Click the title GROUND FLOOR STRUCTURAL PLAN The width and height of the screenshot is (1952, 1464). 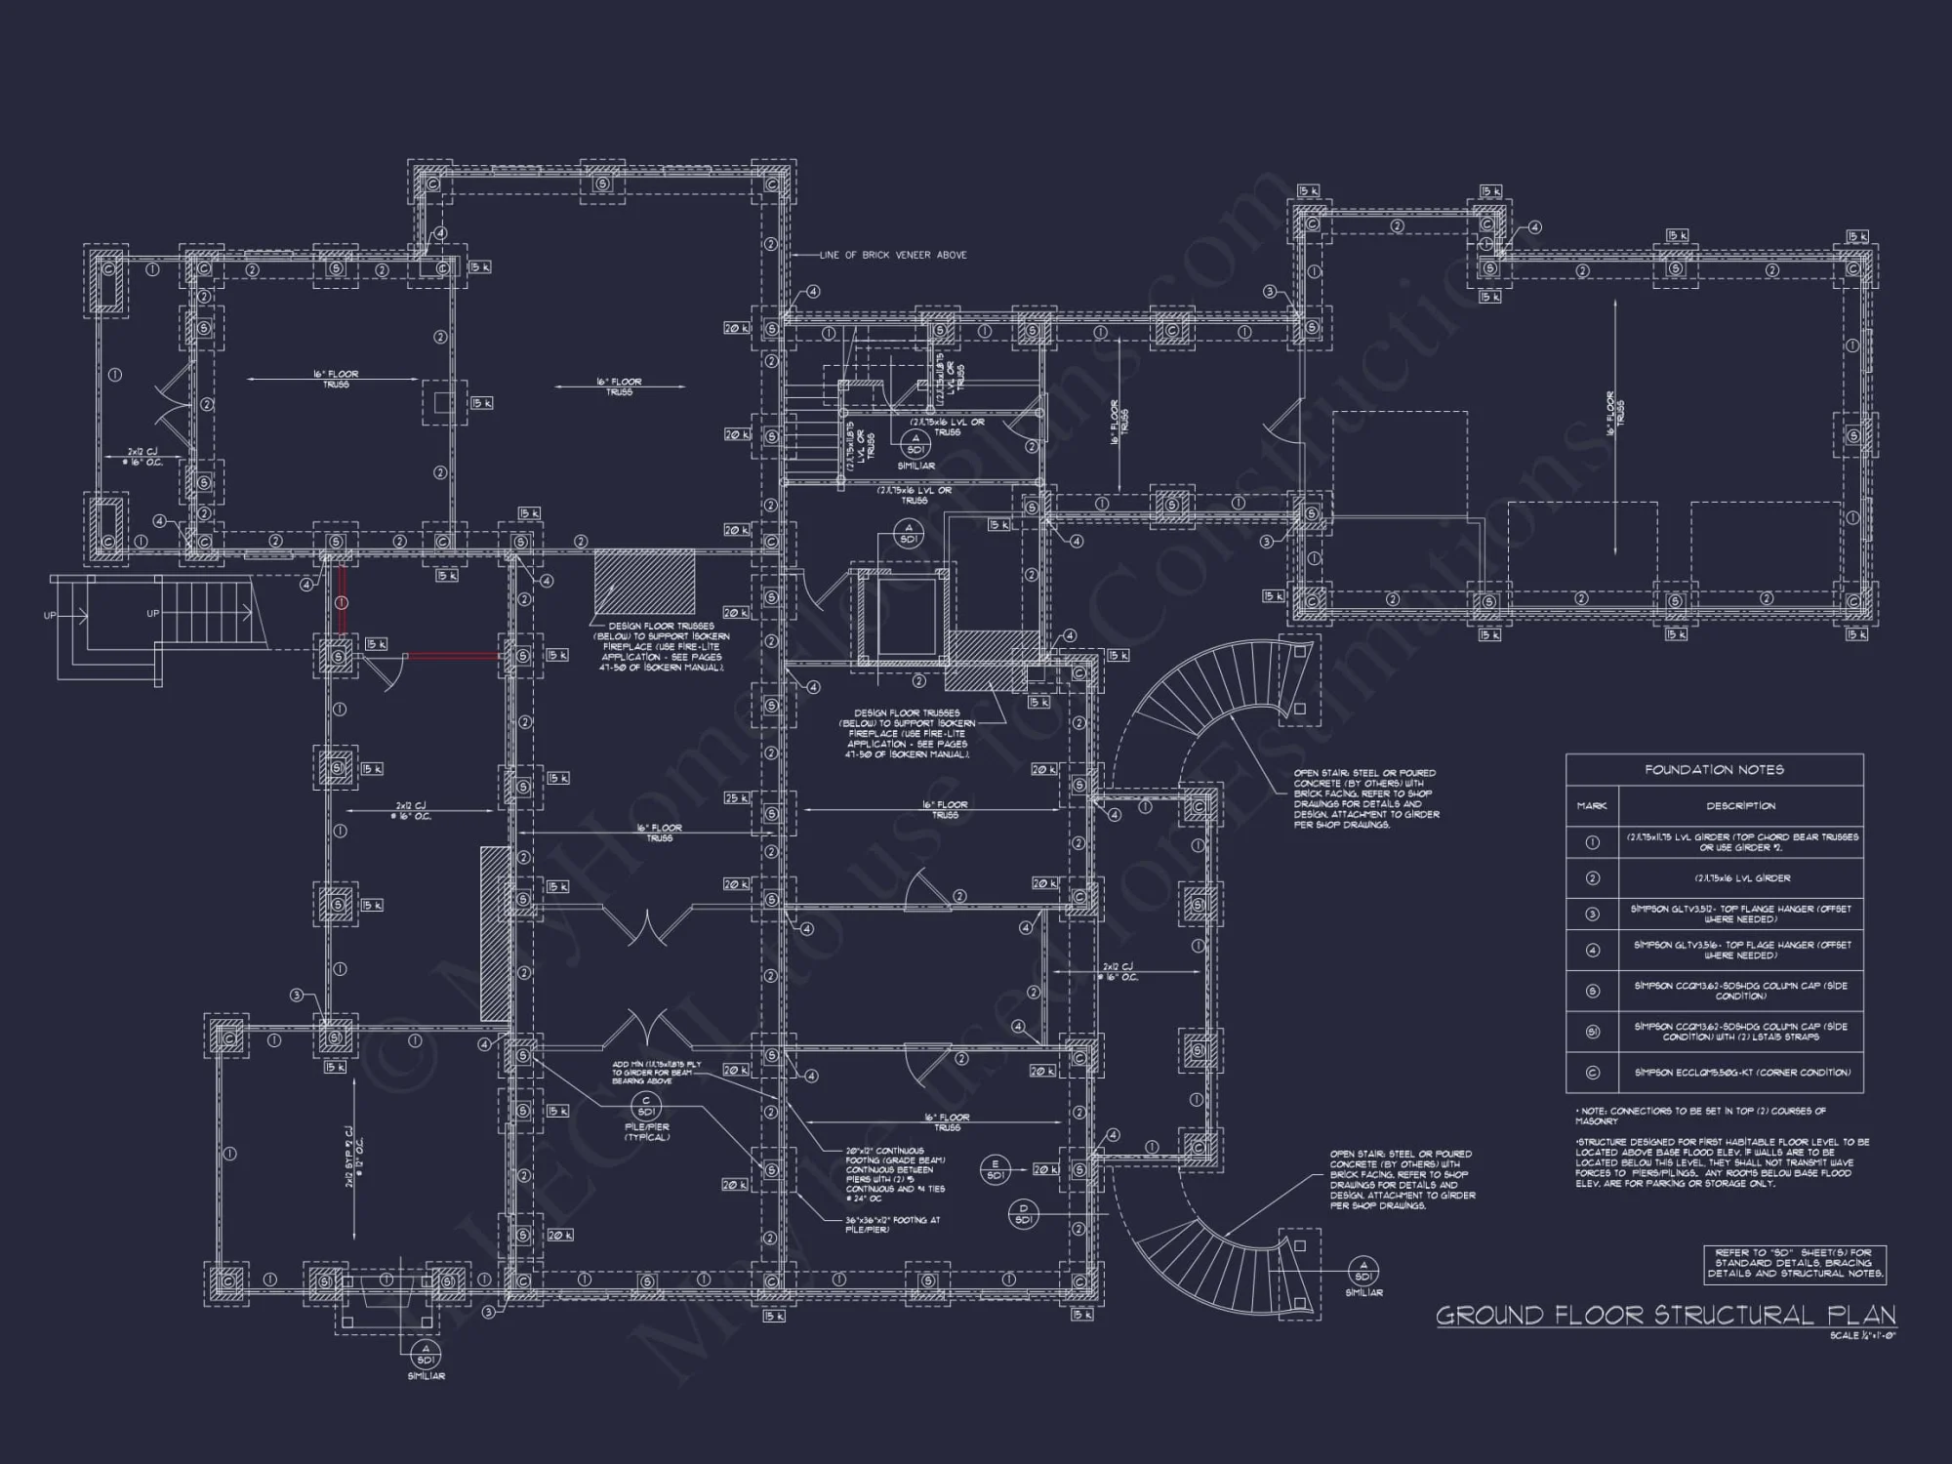tap(1665, 1316)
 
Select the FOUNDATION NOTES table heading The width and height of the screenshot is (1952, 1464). tap(1714, 770)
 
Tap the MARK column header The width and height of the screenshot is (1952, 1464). tap(1592, 806)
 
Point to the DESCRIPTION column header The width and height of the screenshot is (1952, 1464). tap(1740, 806)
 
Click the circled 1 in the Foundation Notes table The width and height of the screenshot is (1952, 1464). tap(1593, 842)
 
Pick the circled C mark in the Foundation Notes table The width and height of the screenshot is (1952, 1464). tap(1593, 1073)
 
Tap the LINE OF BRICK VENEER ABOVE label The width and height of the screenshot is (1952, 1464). tap(892, 255)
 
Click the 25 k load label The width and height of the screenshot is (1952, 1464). tap(735, 798)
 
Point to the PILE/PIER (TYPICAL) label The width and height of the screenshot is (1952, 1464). tap(645, 1132)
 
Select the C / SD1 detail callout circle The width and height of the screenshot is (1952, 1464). tap(646, 1106)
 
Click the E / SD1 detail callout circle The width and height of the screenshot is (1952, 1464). tap(996, 1169)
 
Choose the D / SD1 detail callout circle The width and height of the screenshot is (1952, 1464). tap(1024, 1214)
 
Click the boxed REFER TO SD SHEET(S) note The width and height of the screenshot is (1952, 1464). tap(1794, 1263)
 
